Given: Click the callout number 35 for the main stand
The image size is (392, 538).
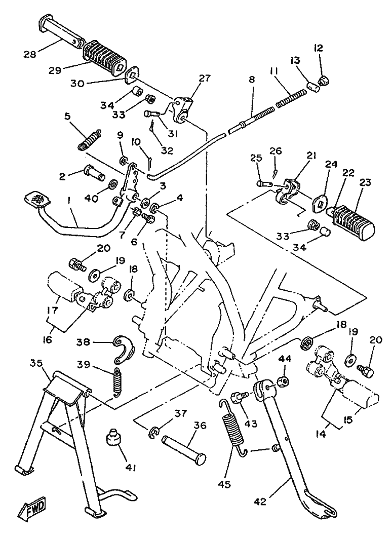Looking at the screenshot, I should point(36,364).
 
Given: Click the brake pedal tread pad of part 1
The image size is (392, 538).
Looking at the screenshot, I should point(36,199).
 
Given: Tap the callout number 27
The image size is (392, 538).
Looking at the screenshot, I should point(204,79).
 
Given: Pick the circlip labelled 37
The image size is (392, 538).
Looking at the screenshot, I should point(155,432).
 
